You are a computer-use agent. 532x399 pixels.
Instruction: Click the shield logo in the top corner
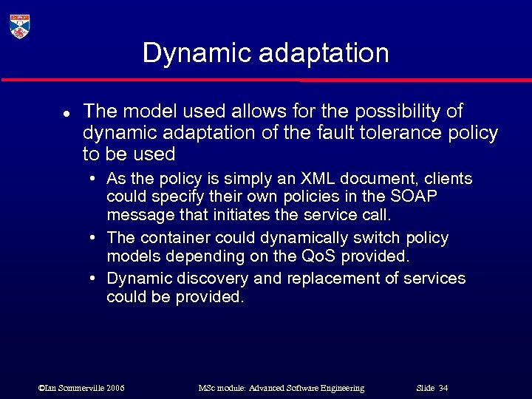(20, 26)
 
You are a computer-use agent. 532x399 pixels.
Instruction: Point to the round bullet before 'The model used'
(66, 115)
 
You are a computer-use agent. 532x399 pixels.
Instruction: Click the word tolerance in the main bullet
(400, 133)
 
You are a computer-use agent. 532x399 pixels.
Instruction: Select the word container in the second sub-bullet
(172, 238)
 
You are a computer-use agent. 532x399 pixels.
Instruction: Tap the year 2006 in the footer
(115, 388)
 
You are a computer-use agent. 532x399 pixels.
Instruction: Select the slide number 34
(443, 388)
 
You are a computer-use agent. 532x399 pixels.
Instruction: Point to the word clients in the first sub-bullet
(448, 179)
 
